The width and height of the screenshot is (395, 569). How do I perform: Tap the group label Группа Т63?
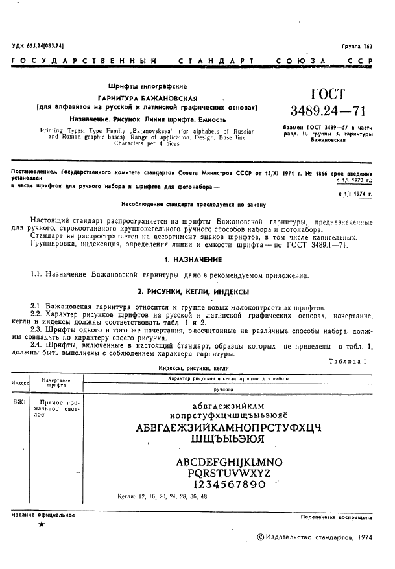pos(357,46)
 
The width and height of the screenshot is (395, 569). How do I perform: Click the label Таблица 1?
pos(350,360)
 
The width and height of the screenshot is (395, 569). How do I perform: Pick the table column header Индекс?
pos(20,383)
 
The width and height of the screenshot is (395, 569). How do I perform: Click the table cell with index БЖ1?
pos(19,403)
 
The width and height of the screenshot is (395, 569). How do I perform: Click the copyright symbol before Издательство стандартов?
pos(261,537)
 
